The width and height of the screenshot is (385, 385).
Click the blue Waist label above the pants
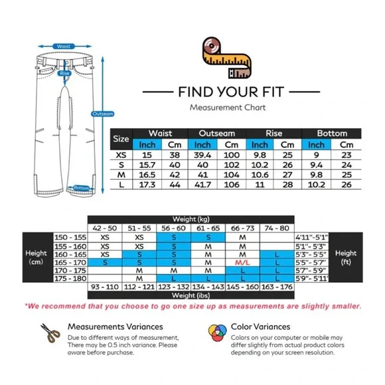pyautogui.click(x=64, y=46)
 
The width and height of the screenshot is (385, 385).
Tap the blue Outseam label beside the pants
pyautogui.click(x=103, y=114)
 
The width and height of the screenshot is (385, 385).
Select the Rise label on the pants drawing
pyautogui.click(x=64, y=73)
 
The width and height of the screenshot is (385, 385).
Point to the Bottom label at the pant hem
pyautogui.click(x=81, y=188)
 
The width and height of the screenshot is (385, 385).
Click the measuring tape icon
pyautogui.click(x=226, y=58)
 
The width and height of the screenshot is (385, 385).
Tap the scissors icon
pyautogui.click(x=50, y=333)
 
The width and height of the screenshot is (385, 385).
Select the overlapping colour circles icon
pyautogui.click(x=217, y=333)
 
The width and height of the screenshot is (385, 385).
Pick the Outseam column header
pyautogui.click(x=217, y=133)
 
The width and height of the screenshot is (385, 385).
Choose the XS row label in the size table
pyautogui.click(x=121, y=155)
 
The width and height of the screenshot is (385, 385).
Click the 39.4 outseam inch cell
pyautogui.click(x=202, y=155)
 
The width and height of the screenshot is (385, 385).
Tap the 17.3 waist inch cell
pyautogui.click(x=147, y=185)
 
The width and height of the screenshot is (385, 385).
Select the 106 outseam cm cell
pyautogui.click(x=232, y=185)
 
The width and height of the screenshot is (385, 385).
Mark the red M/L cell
pyautogui.click(x=242, y=262)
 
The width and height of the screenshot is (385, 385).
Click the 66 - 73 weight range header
pyautogui.click(x=242, y=228)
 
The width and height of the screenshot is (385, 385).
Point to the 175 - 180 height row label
pyautogui.click(x=70, y=278)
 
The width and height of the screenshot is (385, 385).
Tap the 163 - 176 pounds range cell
pyautogui.click(x=277, y=287)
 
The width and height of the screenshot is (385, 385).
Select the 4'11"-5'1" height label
pyautogui.click(x=311, y=238)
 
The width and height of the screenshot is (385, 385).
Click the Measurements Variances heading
pyautogui.click(x=115, y=327)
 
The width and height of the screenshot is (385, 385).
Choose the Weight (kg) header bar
pyautogui.click(x=191, y=219)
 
